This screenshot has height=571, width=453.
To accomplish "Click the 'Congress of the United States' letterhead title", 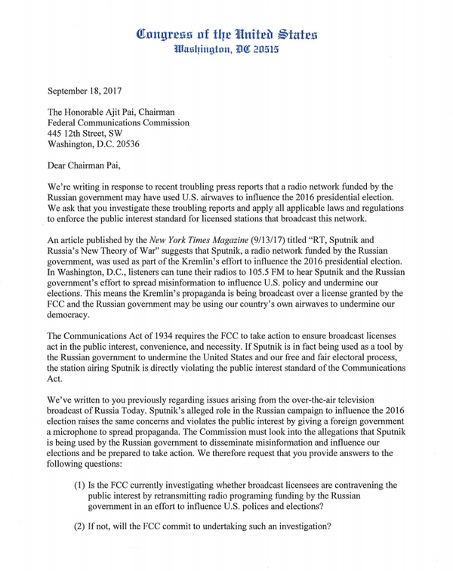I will (x=226, y=34).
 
